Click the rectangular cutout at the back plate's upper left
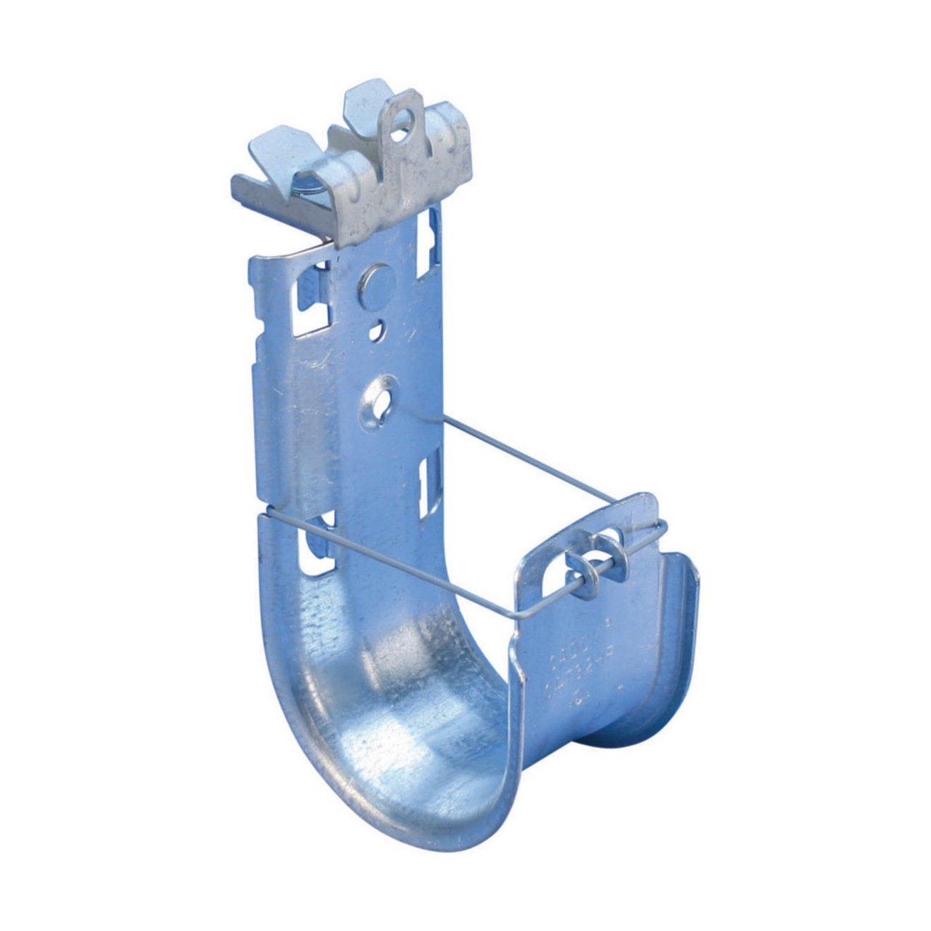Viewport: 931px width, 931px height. point(311,301)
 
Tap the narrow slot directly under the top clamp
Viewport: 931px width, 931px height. point(435,225)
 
